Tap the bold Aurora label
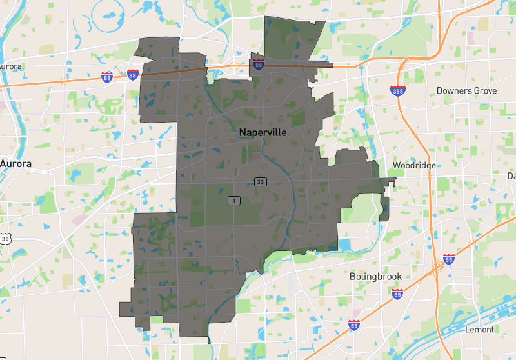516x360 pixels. (x=16, y=164)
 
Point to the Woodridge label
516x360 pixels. (x=414, y=166)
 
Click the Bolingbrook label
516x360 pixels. (x=375, y=276)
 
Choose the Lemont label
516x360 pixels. (x=479, y=330)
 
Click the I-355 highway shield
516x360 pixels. (x=398, y=91)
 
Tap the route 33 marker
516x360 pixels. (x=260, y=183)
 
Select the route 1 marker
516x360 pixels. (x=233, y=201)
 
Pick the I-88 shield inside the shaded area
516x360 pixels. (x=258, y=65)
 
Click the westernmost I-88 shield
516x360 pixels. (x=107, y=77)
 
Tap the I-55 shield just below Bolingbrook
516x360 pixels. (x=397, y=294)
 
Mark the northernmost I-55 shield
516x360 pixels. (x=449, y=259)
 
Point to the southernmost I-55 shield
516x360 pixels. (x=354, y=325)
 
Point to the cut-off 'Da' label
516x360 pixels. (x=511, y=176)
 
